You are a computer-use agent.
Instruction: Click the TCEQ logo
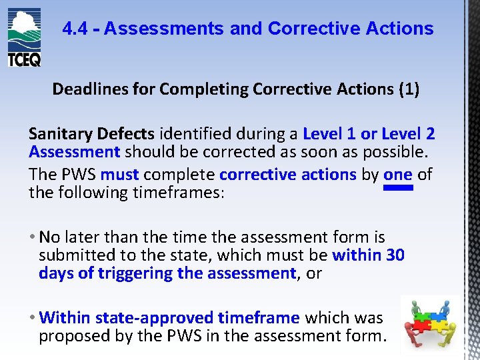pyautogui.click(x=24, y=37)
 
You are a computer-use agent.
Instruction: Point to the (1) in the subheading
pyautogui.click(x=408, y=89)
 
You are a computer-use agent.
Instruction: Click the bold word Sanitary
pyautogui.click(x=61, y=134)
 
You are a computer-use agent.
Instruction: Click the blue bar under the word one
pyautogui.click(x=399, y=189)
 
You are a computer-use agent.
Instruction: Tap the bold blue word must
pyautogui.click(x=119, y=175)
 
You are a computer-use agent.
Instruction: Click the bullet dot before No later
pyautogui.click(x=33, y=237)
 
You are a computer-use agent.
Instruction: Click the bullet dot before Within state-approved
pyautogui.click(x=33, y=318)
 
